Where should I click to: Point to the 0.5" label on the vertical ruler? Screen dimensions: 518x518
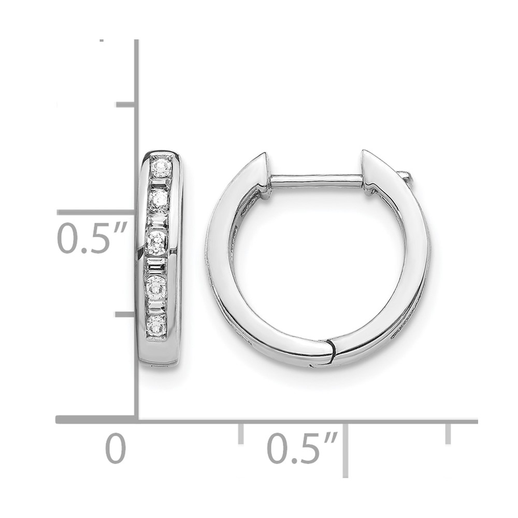tap(92, 238)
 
